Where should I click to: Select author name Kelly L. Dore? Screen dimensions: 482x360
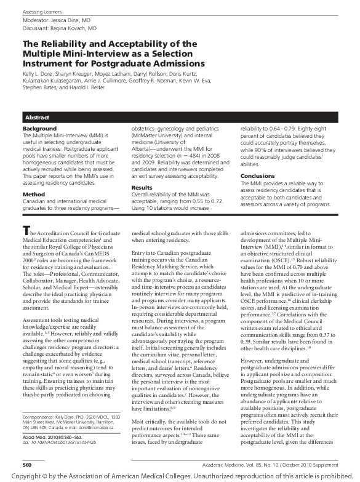click(x=38, y=73)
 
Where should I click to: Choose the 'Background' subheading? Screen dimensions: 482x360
click(x=39, y=129)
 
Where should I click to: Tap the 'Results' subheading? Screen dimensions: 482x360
click(x=142, y=187)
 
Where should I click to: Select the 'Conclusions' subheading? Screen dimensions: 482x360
click(x=257, y=176)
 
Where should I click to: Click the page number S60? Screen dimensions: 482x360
click(x=28, y=462)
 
